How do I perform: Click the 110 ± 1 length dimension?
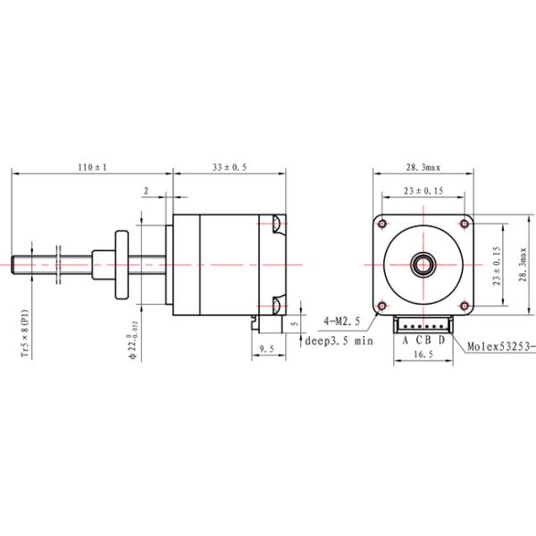(x=92, y=167)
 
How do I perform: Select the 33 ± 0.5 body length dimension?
(x=230, y=167)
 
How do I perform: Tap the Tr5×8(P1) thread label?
(x=24, y=333)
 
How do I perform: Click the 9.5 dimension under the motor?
(x=265, y=348)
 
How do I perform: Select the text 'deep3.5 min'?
(x=339, y=340)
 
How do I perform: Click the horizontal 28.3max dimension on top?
(x=423, y=167)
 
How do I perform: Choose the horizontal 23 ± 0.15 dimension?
(x=423, y=191)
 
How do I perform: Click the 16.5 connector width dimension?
(x=423, y=355)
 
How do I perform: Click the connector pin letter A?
(x=405, y=339)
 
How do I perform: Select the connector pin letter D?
(x=440, y=339)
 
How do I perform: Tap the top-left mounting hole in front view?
(x=382, y=222)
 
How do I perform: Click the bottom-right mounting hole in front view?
(x=463, y=304)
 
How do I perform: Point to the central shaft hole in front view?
(x=423, y=264)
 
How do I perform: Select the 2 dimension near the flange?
(x=146, y=191)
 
